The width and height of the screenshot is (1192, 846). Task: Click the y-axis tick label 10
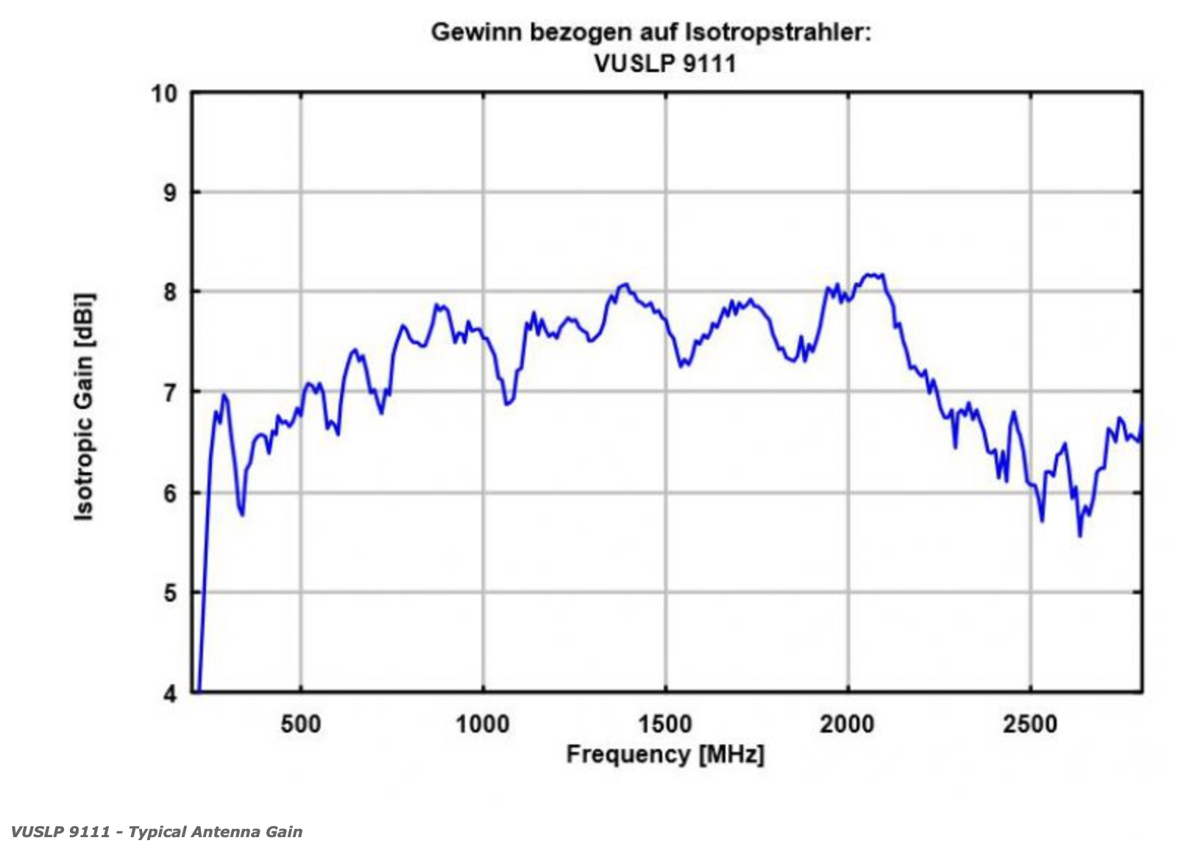164,94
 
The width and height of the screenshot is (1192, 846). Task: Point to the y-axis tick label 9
170,193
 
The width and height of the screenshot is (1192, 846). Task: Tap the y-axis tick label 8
170,292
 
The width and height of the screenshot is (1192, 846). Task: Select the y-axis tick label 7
170,392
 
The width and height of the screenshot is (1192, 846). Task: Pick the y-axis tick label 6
170,492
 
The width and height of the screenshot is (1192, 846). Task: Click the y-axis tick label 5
170,592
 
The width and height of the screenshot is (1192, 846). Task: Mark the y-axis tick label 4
170,693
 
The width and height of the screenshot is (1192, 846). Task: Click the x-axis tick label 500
301,724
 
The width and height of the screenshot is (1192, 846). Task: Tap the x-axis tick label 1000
483,724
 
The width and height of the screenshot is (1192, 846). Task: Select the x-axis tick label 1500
665,724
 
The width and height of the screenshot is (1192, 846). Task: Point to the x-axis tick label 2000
847,724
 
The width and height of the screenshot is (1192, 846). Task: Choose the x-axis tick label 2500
1029,724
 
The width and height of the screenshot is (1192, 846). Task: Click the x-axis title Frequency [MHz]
665,754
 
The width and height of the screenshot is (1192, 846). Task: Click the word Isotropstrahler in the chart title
778,32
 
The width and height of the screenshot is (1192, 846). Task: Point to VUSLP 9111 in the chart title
665,63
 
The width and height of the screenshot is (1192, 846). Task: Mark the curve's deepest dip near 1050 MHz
506,404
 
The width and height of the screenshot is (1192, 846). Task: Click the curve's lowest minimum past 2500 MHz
1079,536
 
